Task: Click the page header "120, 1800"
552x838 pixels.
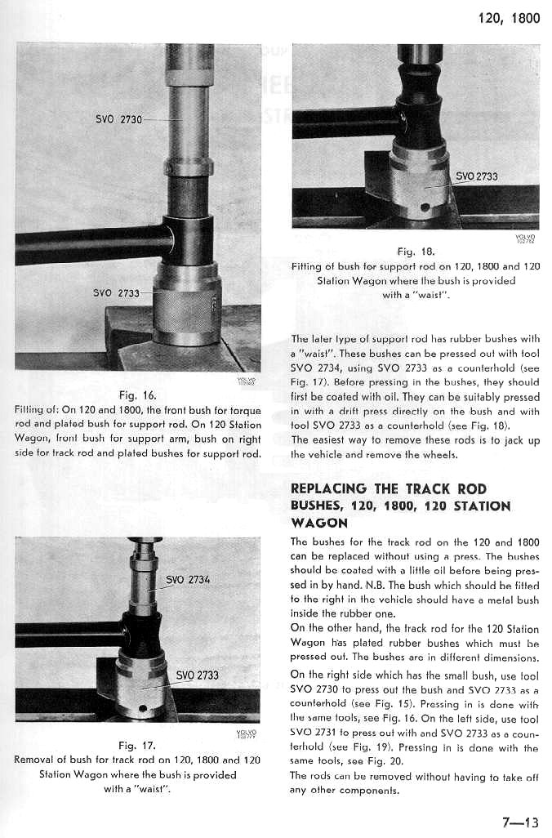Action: coord(508,18)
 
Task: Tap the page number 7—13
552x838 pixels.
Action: coord(520,822)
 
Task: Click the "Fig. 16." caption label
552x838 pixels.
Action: coord(138,395)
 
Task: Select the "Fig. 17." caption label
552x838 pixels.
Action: coord(138,745)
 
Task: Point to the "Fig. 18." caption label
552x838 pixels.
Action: coord(416,252)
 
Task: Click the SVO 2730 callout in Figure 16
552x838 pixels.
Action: coord(118,119)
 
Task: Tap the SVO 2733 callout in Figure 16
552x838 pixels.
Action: coord(116,292)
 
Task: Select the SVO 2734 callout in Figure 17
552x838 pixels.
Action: coord(188,580)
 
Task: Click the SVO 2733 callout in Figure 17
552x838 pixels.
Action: coord(198,675)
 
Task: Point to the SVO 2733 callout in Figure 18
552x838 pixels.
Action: coord(476,176)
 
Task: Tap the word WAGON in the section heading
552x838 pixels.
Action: coord(319,523)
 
